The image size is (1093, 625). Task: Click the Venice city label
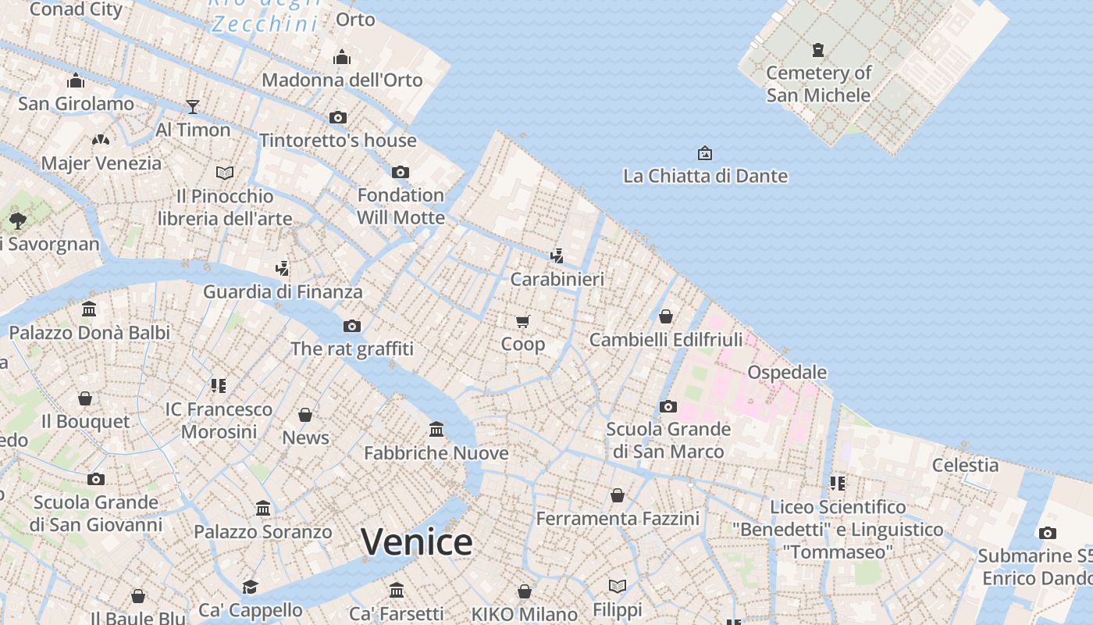pyautogui.click(x=417, y=541)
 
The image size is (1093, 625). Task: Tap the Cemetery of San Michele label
pyautogui.click(x=818, y=84)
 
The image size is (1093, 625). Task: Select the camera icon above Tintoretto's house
pyautogui.click(x=338, y=117)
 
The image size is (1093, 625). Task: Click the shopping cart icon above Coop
pyautogui.click(x=523, y=321)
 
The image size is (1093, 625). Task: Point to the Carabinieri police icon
pyautogui.click(x=557, y=255)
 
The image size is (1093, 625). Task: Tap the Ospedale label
pyautogui.click(x=787, y=372)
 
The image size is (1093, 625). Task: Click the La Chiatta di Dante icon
pyautogui.click(x=705, y=153)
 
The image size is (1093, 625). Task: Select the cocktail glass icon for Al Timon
pyautogui.click(x=193, y=107)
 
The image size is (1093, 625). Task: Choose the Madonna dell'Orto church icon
pyautogui.click(x=342, y=57)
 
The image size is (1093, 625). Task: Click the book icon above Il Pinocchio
pyautogui.click(x=225, y=173)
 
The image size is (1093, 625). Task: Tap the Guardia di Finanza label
pyautogui.click(x=283, y=291)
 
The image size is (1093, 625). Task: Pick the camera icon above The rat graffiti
pyautogui.click(x=352, y=326)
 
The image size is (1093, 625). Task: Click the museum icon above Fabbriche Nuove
pyautogui.click(x=436, y=430)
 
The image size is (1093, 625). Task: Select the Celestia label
pyautogui.click(x=965, y=465)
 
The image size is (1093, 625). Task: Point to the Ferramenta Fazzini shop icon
pyautogui.click(x=618, y=495)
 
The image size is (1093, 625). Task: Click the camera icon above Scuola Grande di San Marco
pyautogui.click(x=668, y=406)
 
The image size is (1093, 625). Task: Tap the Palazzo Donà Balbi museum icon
pyautogui.click(x=89, y=309)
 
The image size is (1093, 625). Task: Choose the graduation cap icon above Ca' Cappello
pyautogui.click(x=250, y=587)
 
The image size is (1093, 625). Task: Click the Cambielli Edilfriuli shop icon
pyautogui.click(x=666, y=316)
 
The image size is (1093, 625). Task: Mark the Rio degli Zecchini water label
pyautogui.click(x=265, y=16)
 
